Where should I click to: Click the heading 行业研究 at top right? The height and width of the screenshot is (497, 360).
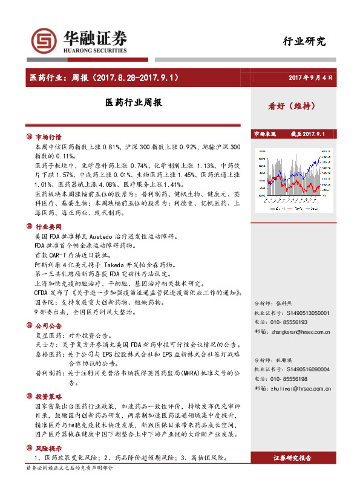coord(304,42)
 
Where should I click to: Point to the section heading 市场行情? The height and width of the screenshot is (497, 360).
coord(48,137)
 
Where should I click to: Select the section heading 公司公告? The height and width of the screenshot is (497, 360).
coord(48,325)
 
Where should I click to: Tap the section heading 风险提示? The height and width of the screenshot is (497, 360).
coord(48,449)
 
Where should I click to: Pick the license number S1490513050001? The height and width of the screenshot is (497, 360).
coord(309,313)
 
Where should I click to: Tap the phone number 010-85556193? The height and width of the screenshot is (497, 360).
coord(296,323)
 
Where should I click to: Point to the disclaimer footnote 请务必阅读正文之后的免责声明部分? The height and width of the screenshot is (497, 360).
coord(70,468)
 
